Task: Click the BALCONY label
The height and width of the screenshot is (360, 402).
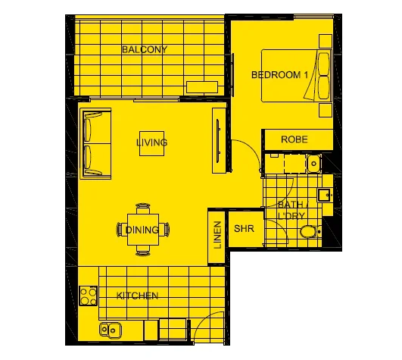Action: tap(144, 49)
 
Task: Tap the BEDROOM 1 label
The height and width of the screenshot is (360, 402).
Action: tap(280, 74)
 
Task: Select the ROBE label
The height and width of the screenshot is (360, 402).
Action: tap(293, 139)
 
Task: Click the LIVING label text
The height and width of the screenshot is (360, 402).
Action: tap(151, 142)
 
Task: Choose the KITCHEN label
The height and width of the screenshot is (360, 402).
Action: tap(137, 296)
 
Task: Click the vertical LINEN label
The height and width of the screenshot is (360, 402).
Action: tap(217, 235)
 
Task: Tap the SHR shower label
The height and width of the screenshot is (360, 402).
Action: tap(244, 229)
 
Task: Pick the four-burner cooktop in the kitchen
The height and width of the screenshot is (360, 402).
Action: tap(89, 294)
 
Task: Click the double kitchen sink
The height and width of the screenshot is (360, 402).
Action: tap(111, 330)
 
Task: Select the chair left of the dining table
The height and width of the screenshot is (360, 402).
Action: tap(121, 229)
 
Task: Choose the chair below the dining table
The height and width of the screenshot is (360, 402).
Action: tap(142, 251)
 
